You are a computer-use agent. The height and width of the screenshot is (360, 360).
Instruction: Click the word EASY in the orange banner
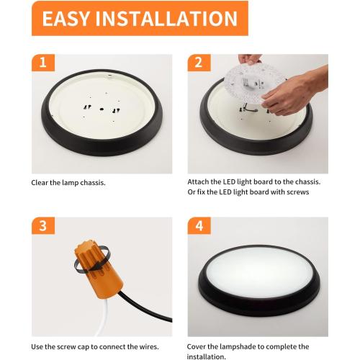pos(66,19)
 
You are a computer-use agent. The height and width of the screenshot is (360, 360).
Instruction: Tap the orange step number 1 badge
pos(43,63)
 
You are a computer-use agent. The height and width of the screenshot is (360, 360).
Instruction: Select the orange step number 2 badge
pos(199,63)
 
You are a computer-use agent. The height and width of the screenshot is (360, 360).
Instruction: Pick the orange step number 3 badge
pos(43,225)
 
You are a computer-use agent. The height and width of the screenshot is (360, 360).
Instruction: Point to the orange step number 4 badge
pos(199,225)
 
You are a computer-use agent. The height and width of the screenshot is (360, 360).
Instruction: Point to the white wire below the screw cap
pos(103,317)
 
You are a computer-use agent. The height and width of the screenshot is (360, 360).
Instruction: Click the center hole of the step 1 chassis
pos(102,109)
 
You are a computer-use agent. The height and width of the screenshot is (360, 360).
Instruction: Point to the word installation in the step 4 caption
pos(207,356)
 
